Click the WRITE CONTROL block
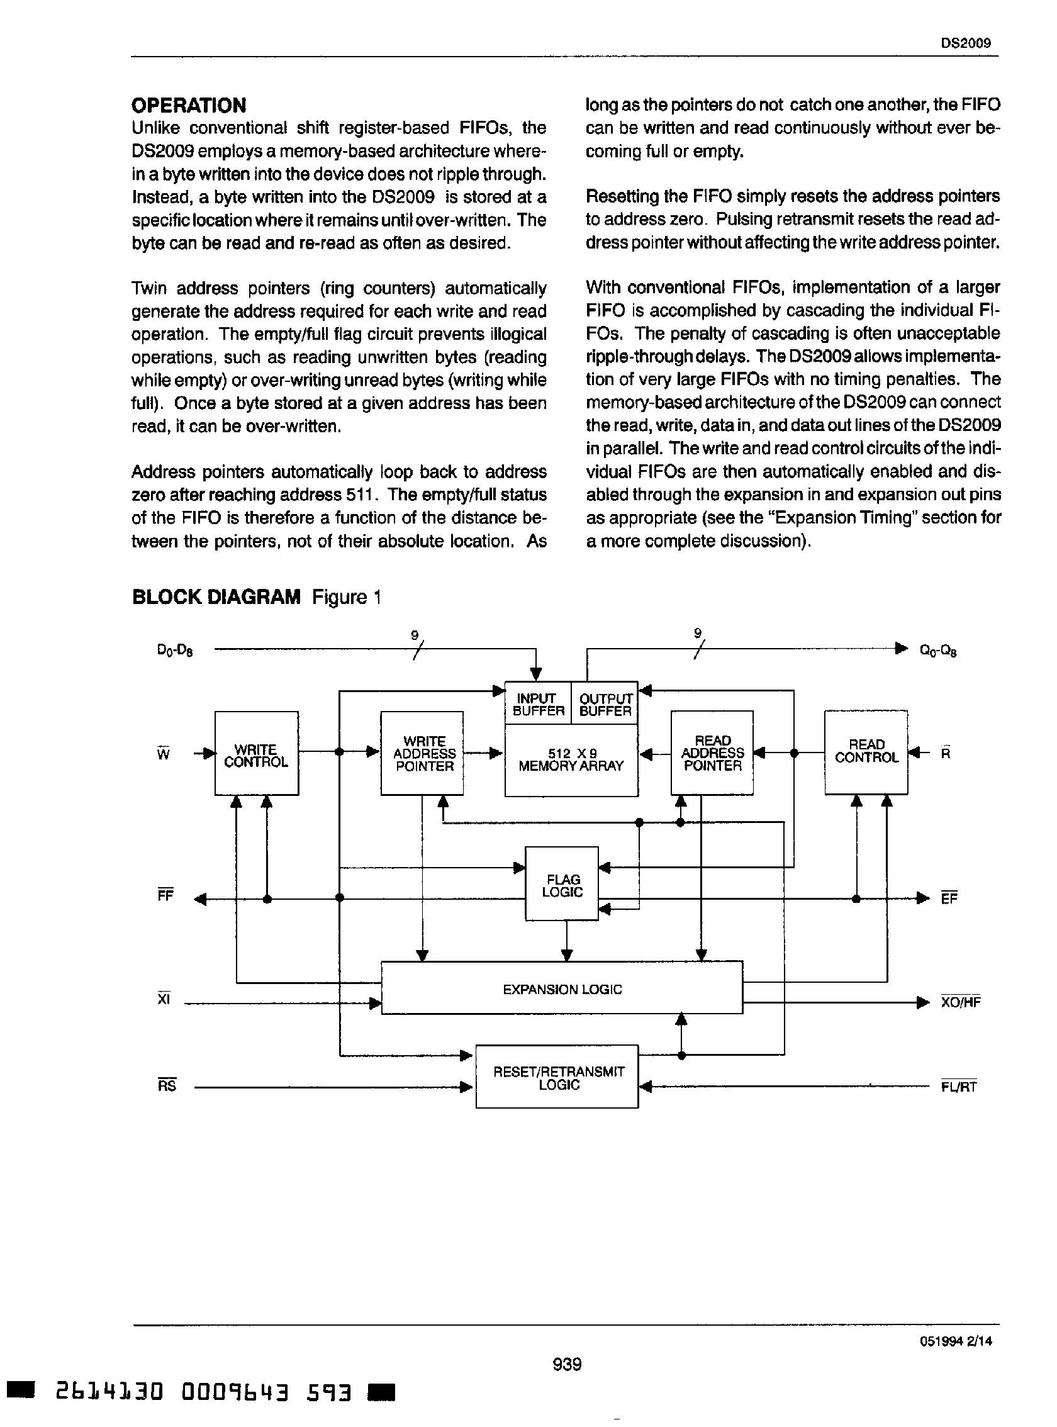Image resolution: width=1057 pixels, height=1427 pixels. point(256,753)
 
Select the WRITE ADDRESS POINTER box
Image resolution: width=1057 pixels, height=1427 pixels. point(422,753)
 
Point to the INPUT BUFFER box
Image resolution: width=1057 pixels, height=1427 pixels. point(538,704)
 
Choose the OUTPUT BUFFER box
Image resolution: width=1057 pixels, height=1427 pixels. point(605,704)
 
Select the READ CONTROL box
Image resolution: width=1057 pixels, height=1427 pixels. point(866,751)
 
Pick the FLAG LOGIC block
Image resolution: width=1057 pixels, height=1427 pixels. point(562,885)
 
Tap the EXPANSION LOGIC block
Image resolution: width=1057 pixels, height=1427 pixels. point(562,988)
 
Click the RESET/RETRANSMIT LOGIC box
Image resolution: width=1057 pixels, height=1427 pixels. point(557,1078)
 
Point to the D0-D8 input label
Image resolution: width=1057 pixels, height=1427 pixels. point(175,651)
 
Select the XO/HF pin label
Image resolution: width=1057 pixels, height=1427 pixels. point(960,1002)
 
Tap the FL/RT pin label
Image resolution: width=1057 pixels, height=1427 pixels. point(958,1087)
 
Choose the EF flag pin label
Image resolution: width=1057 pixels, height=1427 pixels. point(949,898)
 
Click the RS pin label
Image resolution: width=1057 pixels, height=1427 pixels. point(166,1085)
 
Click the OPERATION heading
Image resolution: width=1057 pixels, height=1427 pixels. point(189,105)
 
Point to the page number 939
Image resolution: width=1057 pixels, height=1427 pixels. point(567,1364)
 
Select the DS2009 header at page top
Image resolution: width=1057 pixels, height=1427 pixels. point(966,43)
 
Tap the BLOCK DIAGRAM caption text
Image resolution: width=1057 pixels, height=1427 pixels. point(256,597)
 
